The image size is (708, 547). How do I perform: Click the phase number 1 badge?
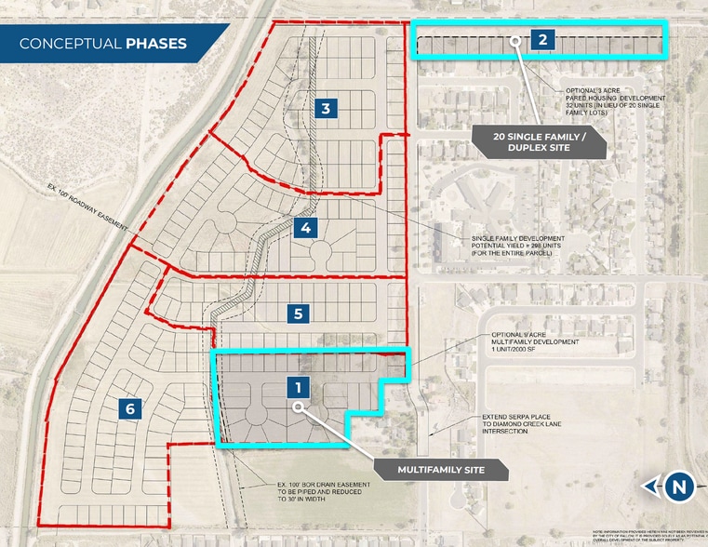click(x=297, y=386)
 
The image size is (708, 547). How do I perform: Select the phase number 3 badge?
click(x=325, y=109)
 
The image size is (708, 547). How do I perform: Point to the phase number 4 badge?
click(x=305, y=227)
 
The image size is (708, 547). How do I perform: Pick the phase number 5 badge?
click(x=298, y=314)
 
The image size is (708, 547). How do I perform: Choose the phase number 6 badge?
click(x=130, y=407)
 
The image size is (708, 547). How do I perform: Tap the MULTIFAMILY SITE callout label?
click(x=441, y=471)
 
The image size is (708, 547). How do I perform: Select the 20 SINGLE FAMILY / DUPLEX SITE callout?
click(x=539, y=141)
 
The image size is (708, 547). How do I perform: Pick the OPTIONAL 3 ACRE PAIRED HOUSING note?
click(x=615, y=101)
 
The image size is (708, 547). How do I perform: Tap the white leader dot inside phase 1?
click(x=298, y=407)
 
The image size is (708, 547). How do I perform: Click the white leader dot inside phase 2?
click(x=515, y=40)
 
